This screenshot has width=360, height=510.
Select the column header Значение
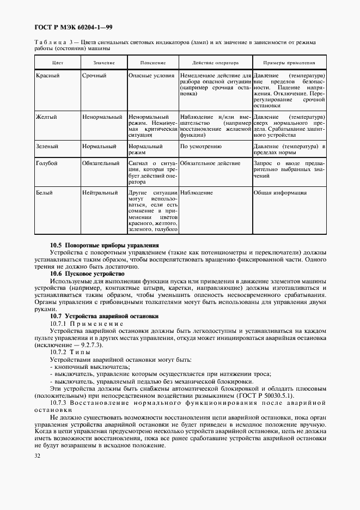(103, 63)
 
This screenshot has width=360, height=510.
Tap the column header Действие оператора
(215, 63)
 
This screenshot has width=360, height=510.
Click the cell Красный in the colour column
(47, 75)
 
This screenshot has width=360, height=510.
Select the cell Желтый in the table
(46, 117)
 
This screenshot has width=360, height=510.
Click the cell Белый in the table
(44, 192)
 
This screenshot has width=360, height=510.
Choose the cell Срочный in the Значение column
(94, 75)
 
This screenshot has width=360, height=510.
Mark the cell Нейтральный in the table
(100, 192)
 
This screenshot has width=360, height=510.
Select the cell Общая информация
(280, 192)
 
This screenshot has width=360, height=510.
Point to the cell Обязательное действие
(210, 163)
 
